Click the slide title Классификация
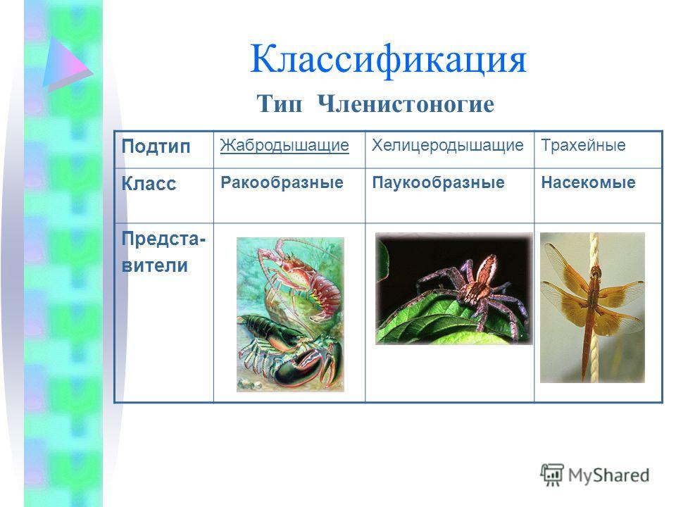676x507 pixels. tap(388, 60)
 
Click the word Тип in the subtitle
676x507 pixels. tap(280, 104)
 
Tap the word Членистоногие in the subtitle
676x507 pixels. tap(406, 104)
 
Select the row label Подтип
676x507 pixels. tap(156, 146)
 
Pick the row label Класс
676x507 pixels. tap(149, 184)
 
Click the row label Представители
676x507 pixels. tap(163, 252)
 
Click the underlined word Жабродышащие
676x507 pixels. tap(284, 145)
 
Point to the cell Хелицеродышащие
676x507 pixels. tap(448, 145)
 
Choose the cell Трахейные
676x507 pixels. tap(583, 145)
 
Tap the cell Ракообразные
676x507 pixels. tap(282, 182)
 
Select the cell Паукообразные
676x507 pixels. tap(439, 182)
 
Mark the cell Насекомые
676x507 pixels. tap(589, 182)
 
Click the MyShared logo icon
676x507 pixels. tap(552, 475)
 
